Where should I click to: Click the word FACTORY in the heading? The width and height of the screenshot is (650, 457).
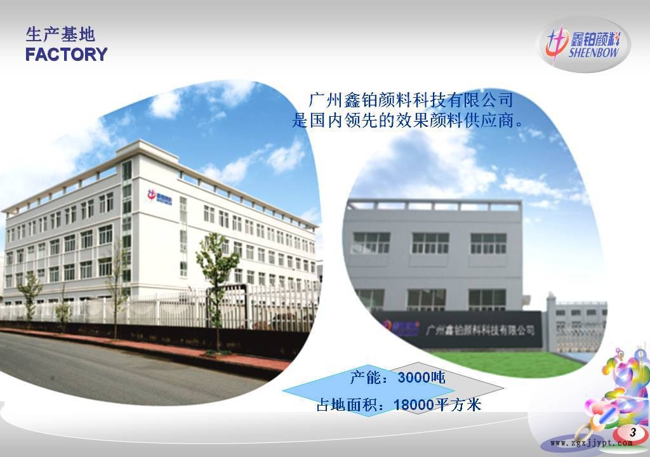click(x=67, y=55)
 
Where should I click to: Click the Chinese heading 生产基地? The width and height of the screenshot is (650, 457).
click(x=60, y=34)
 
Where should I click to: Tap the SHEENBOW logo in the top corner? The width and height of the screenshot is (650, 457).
click(x=584, y=44)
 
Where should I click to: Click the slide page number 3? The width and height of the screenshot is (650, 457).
click(x=632, y=432)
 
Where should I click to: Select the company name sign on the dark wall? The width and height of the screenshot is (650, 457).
click(x=481, y=330)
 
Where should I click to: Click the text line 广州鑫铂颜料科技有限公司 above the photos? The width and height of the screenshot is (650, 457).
click(x=410, y=100)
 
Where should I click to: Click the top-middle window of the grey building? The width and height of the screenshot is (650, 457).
click(x=430, y=242)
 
